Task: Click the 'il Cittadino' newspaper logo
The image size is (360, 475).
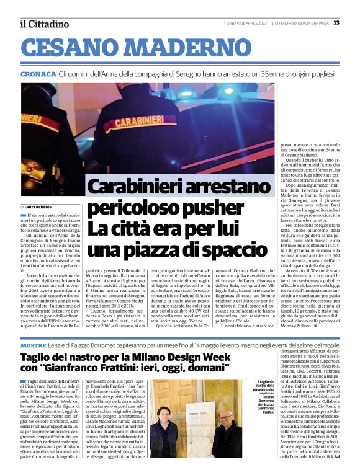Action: click(44, 24)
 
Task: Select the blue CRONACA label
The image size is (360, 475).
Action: click(38, 74)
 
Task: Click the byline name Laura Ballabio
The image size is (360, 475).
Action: click(38, 206)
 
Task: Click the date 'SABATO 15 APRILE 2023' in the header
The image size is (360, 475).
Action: click(246, 23)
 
